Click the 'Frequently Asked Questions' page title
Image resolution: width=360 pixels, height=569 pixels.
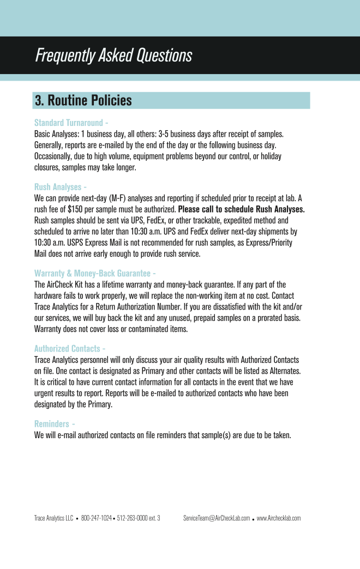pyautogui.click(x=113, y=55)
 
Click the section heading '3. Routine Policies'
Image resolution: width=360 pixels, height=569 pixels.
pyautogui.click(x=83, y=100)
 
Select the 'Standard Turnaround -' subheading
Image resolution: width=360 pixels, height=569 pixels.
pyautogui.click(x=71, y=123)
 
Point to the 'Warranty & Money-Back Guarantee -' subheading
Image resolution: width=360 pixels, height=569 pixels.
pyautogui.click(x=95, y=273)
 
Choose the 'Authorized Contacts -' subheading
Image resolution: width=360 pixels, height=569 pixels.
pyautogui.click(x=70, y=348)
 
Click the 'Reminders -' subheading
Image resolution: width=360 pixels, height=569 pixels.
pyautogui.click(x=55, y=423)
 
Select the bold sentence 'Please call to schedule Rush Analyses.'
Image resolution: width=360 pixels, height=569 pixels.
pyautogui.click(x=241, y=209)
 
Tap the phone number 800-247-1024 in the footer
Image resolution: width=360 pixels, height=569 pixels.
pyautogui.click(x=97, y=518)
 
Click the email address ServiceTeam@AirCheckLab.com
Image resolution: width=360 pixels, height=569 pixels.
pyautogui.click(x=217, y=518)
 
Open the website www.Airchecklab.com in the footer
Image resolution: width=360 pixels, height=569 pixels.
pyautogui.click(x=279, y=518)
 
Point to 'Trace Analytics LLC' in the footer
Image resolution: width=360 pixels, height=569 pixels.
pyautogui.click(x=53, y=518)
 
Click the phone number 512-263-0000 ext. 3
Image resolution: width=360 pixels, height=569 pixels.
pyautogui.click(x=139, y=518)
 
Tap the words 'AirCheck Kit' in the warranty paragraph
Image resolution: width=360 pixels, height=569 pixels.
pyautogui.click(x=65, y=284)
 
